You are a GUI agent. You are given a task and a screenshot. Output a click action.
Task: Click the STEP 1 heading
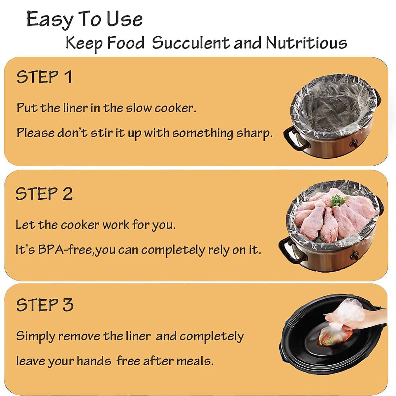click(x=44, y=77)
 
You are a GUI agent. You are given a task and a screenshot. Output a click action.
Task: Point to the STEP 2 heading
click(x=44, y=194)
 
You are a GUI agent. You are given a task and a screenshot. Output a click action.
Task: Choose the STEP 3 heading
click(x=45, y=305)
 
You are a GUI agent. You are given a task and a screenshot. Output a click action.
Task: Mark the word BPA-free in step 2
click(x=66, y=250)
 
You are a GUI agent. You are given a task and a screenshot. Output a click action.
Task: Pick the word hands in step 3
click(x=94, y=361)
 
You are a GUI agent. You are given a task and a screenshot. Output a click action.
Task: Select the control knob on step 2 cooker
click(x=354, y=256)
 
